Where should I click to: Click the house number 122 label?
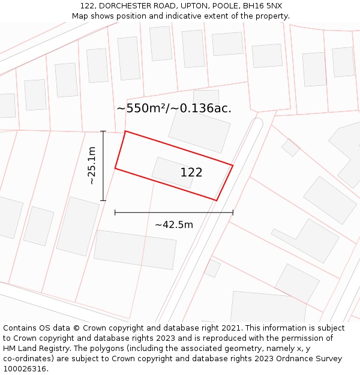click(191, 173)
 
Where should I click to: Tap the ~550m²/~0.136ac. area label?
click(174, 109)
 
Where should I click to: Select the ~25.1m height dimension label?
click(92, 166)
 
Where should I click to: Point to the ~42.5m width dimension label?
click(174, 225)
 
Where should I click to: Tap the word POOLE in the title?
click(223, 6)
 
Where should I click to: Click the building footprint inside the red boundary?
click(173, 173)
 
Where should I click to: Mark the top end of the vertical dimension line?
click(103, 131)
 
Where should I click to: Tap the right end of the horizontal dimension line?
click(233, 212)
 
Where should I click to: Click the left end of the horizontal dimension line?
click(115, 212)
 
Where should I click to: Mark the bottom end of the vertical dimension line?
click(103, 200)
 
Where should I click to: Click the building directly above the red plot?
click(200, 132)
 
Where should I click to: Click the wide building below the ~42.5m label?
click(136, 250)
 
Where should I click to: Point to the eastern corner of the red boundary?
click(233, 164)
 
